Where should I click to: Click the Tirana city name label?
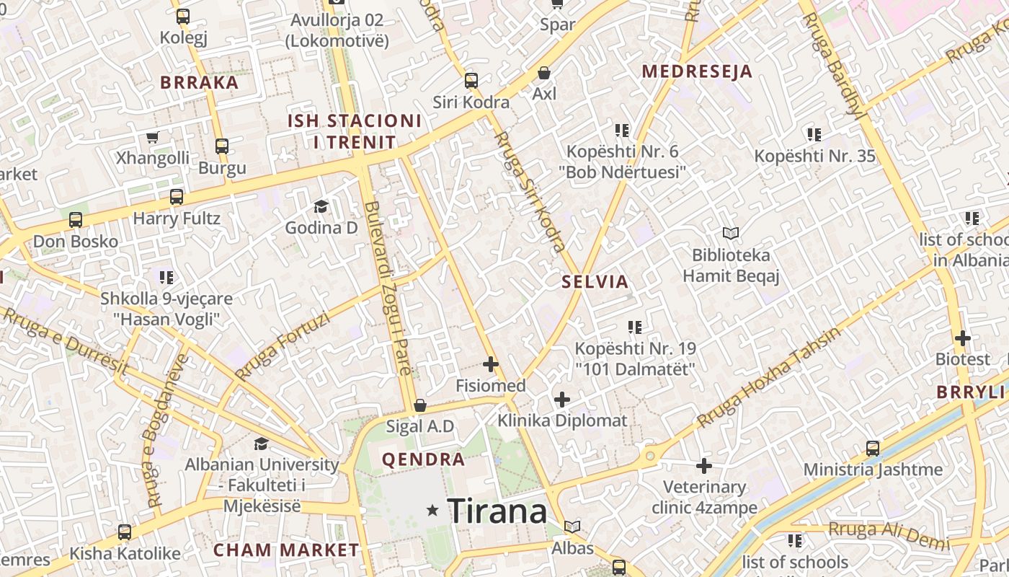(x=497, y=511)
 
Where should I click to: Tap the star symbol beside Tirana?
(x=432, y=511)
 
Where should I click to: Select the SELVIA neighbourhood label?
(x=595, y=282)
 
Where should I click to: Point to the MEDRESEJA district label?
(x=697, y=71)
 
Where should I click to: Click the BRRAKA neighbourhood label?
(x=200, y=82)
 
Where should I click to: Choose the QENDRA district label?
(x=423, y=459)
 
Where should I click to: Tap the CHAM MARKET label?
(x=286, y=550)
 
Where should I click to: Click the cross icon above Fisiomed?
(x=491, y=364)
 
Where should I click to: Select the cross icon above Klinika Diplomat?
(x=562, y=399)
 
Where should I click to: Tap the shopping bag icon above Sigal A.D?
(x=420, y=405)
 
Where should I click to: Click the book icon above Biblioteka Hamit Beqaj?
(x=731, y=234)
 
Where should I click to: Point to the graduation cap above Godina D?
(x=321, y=207)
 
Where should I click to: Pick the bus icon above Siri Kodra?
(x=471, y=81)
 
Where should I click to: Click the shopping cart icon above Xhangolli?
(x=152, y=137)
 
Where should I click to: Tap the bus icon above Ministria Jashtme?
(x=873, y=449)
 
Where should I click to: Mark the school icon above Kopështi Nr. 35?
(x=814, y=134)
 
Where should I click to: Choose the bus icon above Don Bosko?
(x=76, y=220)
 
